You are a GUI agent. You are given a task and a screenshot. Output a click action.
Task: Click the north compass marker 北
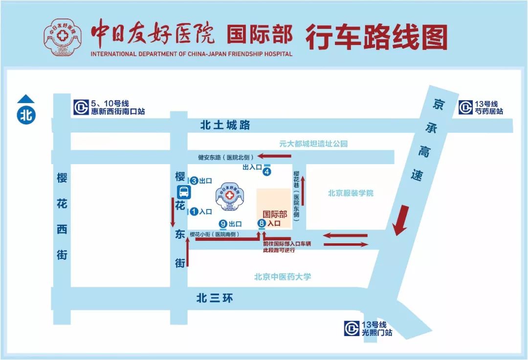pyautogui.click(x=26, y=115)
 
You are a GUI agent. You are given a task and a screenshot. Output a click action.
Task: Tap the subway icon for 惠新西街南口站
pyautogui.click(x=81, y=107)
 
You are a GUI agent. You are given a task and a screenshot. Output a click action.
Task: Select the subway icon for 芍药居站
pyautogui.click(x=465, y=107)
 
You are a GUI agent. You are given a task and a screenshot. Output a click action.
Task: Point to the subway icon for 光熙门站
pyautogui.click(x=351, y=328)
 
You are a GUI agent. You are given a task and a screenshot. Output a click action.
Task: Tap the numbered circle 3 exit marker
pyautogui.click(x=194, y=181)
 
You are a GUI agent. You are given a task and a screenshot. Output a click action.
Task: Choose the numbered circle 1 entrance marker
pyautogui.click(x=194, y=212)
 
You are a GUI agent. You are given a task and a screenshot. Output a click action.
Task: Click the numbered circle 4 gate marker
pyautogui.click(x=267, y=171)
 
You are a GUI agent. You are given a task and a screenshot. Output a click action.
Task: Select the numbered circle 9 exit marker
pyautogui.click(x=223, y=224)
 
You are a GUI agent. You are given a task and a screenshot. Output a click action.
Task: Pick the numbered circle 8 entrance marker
pyautogui.click(x=262, y=224)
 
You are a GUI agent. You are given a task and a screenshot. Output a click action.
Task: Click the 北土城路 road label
pyautogui.click(x=225, y=126)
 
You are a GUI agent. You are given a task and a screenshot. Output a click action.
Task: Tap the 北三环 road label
pyautogui.click(x=215, y=298)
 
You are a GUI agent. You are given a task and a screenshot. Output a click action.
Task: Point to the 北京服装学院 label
pyautogui.click(x=351, y=193)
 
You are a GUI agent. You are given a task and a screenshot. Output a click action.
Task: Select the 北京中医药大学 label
pyautogui.click(x=283, y=276)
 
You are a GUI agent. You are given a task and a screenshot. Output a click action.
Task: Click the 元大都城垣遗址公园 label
pyautogui.click(x=313, y=144)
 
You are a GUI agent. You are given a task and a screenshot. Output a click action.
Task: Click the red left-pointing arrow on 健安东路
pyautogui.click(x=274, y=156)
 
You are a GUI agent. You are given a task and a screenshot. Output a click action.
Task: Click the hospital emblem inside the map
pyautogui.click(x=230, y=197)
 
